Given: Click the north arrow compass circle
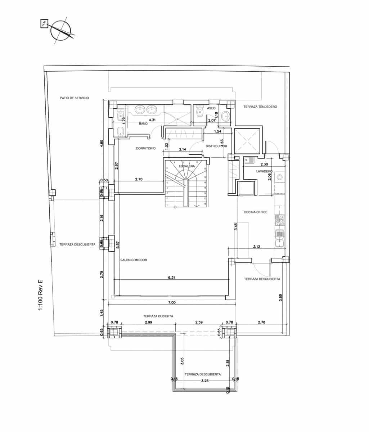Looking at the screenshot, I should point(60,31).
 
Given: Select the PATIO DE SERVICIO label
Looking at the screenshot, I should point(75,98).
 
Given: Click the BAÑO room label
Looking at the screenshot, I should point(143,123).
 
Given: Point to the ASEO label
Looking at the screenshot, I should point(211,108).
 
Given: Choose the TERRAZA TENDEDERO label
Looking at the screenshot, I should point(260,107).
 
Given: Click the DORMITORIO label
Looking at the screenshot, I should point(146,148).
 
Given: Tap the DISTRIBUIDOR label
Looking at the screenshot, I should point(216,146).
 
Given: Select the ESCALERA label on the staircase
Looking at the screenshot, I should point(187,166).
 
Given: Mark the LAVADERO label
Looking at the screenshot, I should point(264,171).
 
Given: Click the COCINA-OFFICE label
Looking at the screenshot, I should point(255,212).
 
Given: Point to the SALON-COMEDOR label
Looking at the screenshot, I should point(134,260).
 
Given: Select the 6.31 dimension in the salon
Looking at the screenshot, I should point(172,278).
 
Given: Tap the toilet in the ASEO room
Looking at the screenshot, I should point(199,112).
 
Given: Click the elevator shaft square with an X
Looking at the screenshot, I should point(247,141).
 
